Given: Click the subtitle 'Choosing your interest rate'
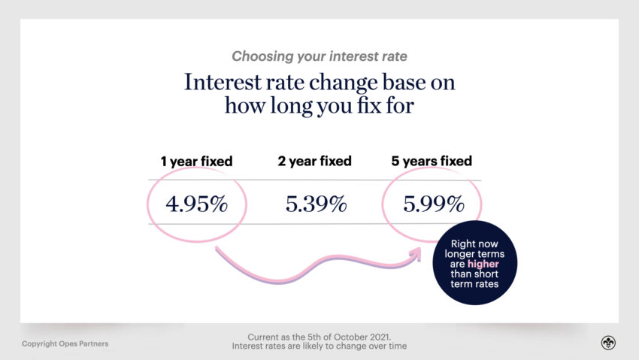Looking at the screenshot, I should [319, 56].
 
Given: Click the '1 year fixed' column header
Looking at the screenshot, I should [196, 161].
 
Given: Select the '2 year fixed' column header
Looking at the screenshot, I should [315, 161].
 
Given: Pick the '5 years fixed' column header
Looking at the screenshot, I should [432, 161].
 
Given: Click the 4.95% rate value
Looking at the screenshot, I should [196, 204].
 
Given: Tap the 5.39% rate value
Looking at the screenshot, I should [316, 204].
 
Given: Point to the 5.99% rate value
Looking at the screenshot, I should [432, 204].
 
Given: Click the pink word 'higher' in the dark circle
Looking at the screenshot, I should [483, 264].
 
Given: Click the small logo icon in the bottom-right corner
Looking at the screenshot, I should [607, 343].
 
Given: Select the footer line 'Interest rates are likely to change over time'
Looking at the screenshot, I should [319, 346].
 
